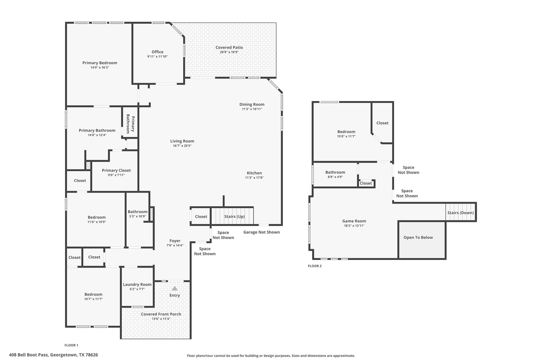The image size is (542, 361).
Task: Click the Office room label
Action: tap(157, 52)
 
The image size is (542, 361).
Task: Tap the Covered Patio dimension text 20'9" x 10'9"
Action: tap(229, 52)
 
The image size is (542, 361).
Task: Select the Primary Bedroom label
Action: tap(100, 63)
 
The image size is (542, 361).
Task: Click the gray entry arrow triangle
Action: tap(175, 288)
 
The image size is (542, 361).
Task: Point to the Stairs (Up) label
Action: tap(234, 216)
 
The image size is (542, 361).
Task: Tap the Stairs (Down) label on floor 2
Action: tap(460, 213)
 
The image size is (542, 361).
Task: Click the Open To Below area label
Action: tap(418, 237)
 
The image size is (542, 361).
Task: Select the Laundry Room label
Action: tap(137, 285)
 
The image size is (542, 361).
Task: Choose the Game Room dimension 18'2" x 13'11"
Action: tap(354, 226)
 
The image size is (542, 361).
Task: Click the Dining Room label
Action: tap(252, 104)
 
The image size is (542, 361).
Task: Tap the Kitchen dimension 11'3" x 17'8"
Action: tap(254, 178)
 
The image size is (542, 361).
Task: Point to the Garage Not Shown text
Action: tap(261, 232)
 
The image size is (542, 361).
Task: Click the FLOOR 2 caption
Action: tap(315, 266)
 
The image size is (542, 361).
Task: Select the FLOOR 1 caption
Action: tap(71, 345)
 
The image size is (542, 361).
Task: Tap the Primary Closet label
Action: tap(116, 170)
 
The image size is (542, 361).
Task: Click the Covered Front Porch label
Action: tap(161, 314)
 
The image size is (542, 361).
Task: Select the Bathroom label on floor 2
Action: tap(335, 172)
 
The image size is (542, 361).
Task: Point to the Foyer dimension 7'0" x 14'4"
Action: tap(175, 245)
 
